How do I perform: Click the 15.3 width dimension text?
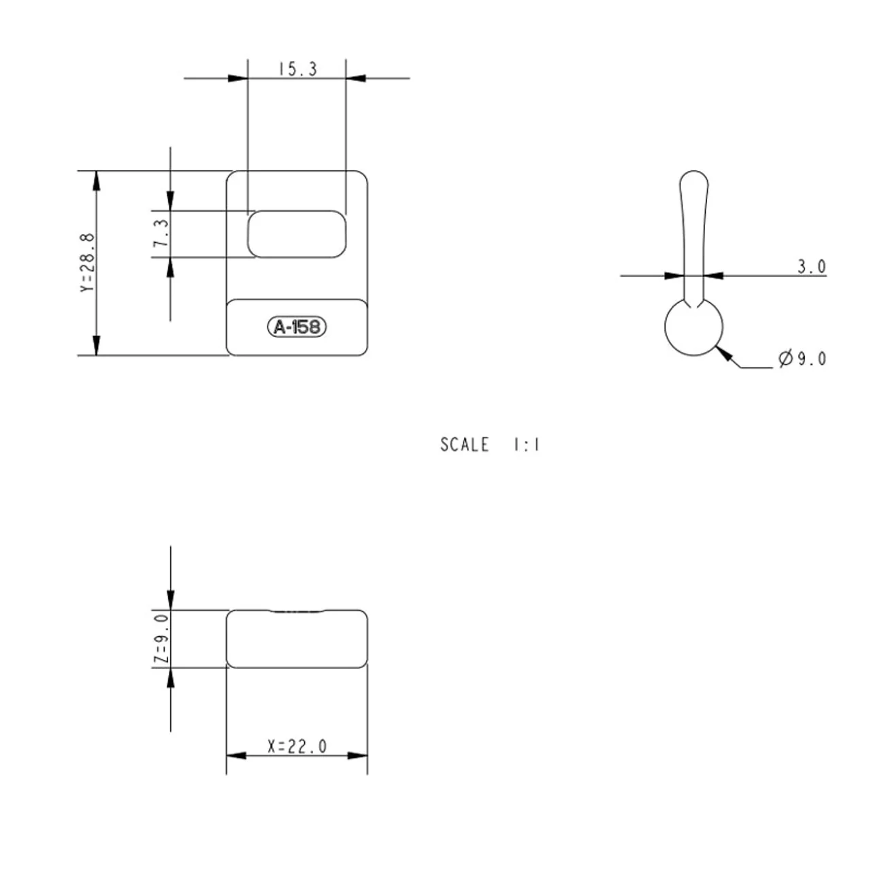298,69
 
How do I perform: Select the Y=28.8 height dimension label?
88,263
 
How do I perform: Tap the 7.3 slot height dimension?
161,233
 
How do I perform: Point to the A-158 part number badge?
297,327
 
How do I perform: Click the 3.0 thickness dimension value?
811,267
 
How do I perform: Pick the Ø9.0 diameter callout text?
803,359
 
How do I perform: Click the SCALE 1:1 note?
490,445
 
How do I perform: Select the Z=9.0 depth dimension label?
161,639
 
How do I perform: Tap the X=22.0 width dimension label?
297,746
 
